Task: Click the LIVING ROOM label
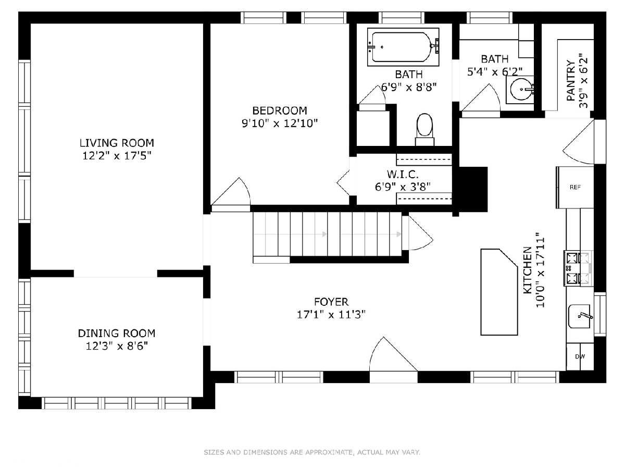coord(117,143)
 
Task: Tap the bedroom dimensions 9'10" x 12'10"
coord(279,124)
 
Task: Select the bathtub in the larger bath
coord(403,47)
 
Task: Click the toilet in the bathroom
coord(424,130)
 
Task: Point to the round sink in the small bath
coord(521,89)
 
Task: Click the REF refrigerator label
coord(575,187)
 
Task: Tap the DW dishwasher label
coord(580,356)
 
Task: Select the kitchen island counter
coord(499,292)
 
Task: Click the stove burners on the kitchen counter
coord(578,268)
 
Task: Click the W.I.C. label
coord(403,174)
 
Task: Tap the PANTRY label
coord(570,80)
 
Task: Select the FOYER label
coord(331,302)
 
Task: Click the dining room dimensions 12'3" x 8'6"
coord(117,346)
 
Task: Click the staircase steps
coord(327,234)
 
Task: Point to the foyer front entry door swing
coord(393,354)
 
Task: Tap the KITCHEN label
coord(528,270)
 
